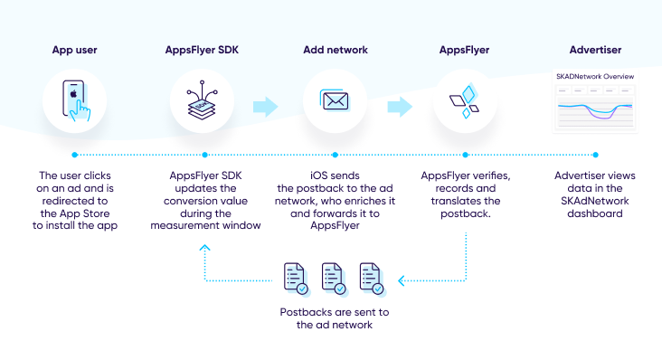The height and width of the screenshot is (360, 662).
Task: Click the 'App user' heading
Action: pyautogui.click(x=75, y=51)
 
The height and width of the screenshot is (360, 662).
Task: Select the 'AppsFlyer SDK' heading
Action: pyautogui.click(x=202, y=51)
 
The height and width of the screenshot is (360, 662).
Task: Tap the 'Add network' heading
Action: pyautogui.click(x=336, y=50)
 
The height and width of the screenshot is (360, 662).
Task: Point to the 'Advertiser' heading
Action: pyautogui.click(x=595, y=50)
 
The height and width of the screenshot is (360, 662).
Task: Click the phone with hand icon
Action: pyautogui.click(x=76, y=100)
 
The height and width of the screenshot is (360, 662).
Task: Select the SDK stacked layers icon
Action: pyautogui.click(x=202, y=100)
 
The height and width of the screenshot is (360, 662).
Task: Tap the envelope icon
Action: pyautogui.click(x=335, y=100)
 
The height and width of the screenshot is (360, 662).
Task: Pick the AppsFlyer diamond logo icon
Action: pyautogui.click(x=465, y=100)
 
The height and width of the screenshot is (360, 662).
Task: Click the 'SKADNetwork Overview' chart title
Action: pyautogui.click(x=595, y=76)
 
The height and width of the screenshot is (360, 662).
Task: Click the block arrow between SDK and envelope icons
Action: pyautogui.click(x=266, y=107)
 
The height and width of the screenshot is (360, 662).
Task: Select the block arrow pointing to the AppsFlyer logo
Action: pyautogui.click(x=400, y=107)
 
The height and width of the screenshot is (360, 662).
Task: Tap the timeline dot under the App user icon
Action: pyautogui.click(x=75, y=155)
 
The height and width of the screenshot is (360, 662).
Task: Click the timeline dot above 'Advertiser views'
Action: pyautogui.click(x=595, y=155)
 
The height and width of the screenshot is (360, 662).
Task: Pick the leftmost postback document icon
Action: pyautogui.click(x=296, y=279)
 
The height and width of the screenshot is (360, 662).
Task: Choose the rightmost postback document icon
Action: pyautogui.click(x=372, y=279)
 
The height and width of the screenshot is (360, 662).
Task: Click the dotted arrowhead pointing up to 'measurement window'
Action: pyautogui.click(x=204, y=248)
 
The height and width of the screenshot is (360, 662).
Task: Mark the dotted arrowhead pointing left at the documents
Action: pyautogui.click(x=402, y=280)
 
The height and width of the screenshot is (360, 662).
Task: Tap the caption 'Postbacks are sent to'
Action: pyautogui.click(x=335, y=312)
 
